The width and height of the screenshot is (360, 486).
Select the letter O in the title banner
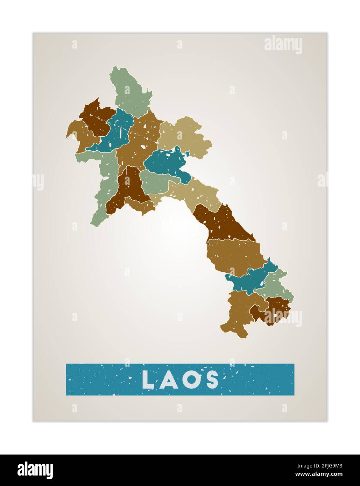coord(190,380)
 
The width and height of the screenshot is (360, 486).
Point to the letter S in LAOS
coord(212,380)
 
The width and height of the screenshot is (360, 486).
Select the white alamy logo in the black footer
coord(35,470)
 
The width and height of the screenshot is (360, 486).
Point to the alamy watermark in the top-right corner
coord(283,45)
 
